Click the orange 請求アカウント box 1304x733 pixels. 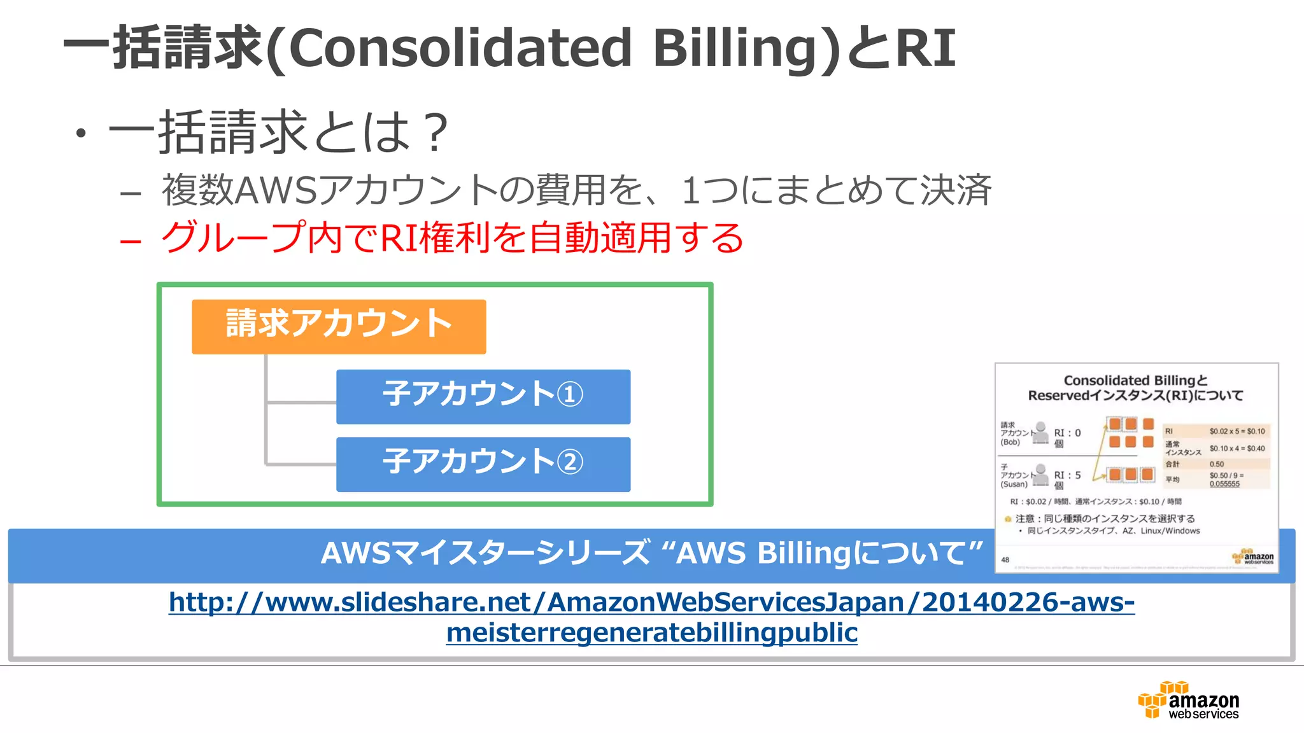coord(339,326)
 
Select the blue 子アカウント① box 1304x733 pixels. coord(483,396)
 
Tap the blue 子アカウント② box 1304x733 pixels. coord(483,464)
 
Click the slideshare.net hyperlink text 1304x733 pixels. coord(651,617)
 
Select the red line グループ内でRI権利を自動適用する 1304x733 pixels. coord(452,239)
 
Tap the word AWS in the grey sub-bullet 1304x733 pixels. coord(275,190)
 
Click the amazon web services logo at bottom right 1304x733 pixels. coord(1189,701)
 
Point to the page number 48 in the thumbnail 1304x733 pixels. coord(1005,560)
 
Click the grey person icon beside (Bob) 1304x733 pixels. coord(1040,432)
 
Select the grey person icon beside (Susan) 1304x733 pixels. coord(1040,475)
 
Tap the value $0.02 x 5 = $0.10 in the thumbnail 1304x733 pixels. coord(1237,431)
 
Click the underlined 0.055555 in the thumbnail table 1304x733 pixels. coord(1224,484)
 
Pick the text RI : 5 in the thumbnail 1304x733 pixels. coord(1067,475)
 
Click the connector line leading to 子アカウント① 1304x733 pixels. coord(301,402)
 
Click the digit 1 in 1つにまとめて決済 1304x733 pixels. coord(690,190)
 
